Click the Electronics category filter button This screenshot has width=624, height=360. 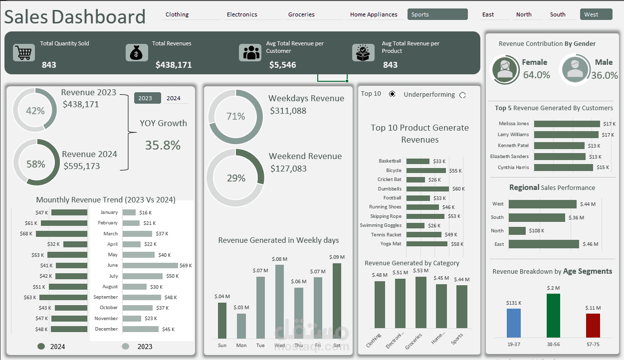click(242, 14)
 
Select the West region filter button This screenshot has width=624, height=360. click(596, 14)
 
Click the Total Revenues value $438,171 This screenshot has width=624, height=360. click(173, 65)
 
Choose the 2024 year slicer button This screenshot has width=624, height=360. click(174, 98)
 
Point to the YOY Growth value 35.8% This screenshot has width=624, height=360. click(163, 145)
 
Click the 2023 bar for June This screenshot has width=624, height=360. click(150, 265)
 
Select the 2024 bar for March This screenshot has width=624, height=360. click(61, 233)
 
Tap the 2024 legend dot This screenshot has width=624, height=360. click(41, 346)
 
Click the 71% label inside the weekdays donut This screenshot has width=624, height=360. click(235, 116)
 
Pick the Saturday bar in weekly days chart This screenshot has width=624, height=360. click(337, 301)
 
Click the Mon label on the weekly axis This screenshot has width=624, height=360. click(241, 345)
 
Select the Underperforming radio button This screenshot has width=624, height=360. click(462, 95)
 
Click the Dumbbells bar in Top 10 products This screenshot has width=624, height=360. click(427, 189)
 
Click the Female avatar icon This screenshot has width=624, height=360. click(505, 69)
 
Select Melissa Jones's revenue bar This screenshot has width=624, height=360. click(567, 124)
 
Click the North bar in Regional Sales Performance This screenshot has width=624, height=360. click(517, 231)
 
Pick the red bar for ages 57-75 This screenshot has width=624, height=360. click(593, 326)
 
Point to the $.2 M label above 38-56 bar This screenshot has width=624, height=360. click(553, 288)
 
